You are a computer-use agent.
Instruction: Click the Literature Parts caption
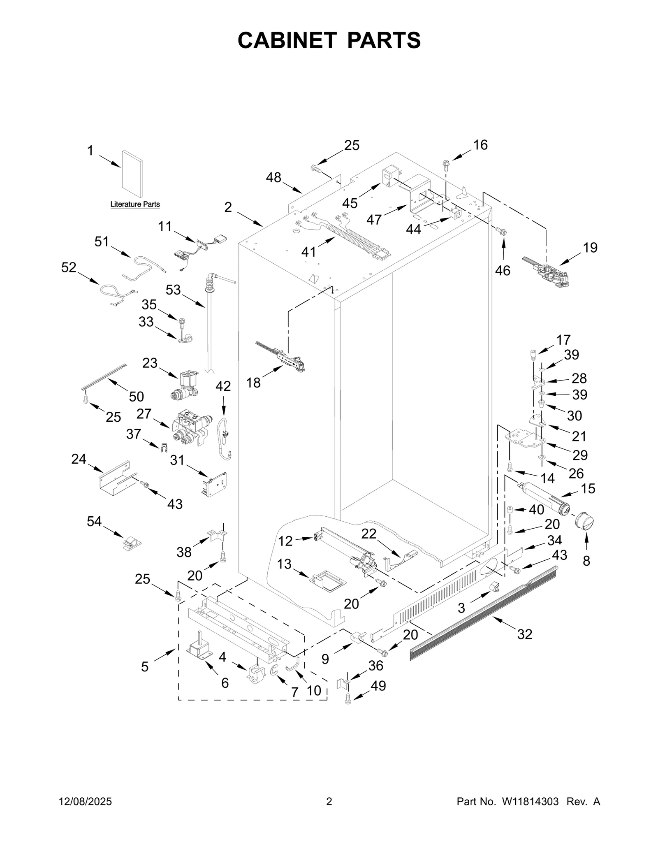(x=135, y=204)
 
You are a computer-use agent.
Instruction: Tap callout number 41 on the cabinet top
(x=308, y=251)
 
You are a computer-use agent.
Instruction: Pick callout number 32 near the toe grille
(x=525, y=634)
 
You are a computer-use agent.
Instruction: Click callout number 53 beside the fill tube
(x=173, y=290)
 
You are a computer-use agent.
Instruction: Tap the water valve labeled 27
(x=190, y=428)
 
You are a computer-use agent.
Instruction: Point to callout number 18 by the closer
(x=253, y=383)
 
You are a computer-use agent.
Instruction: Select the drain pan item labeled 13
(x=328, y=580)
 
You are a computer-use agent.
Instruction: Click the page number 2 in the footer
(x=329, y=801)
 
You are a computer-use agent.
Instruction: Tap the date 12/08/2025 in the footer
(x=86, y=801)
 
